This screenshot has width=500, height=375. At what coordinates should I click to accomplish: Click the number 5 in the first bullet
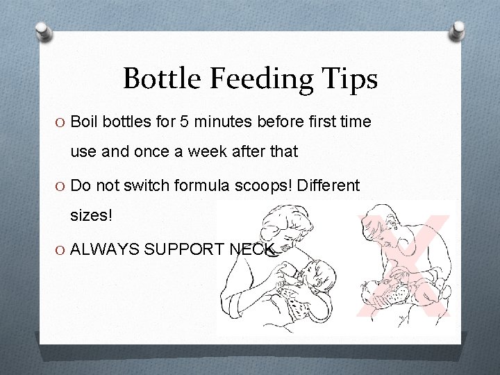pos(185,122)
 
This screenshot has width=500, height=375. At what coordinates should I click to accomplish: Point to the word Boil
pos(85,122)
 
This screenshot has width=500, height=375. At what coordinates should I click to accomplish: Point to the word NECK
pos(253,249)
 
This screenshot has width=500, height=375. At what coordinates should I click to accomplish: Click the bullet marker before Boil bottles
pos(60,123)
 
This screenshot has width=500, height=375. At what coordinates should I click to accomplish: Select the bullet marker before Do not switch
pos(60,187)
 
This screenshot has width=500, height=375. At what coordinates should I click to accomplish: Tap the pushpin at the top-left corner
pos(42,31)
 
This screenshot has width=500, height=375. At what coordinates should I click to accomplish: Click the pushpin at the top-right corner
pos(458,31)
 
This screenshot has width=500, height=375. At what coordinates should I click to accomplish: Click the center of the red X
pos(403,267)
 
